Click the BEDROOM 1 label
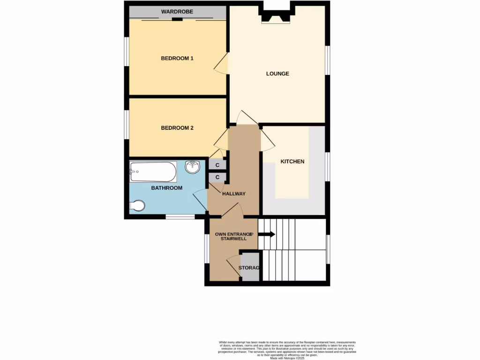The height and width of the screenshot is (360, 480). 177,59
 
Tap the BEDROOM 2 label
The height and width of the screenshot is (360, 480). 177,128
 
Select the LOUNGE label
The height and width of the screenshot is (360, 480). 277,74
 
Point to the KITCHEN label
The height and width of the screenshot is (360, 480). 292,162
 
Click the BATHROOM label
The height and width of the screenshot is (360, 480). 166,188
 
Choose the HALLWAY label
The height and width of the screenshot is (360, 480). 234,194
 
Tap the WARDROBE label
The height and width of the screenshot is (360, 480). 177,12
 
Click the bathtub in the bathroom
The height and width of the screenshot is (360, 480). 153,172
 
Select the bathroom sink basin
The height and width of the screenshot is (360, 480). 193,166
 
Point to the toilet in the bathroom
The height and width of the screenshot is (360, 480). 138,205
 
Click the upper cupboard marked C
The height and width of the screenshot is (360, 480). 218,165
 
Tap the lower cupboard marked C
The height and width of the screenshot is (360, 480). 218,177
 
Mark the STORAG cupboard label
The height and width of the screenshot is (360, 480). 249,268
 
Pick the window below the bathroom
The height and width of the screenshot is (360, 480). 180,217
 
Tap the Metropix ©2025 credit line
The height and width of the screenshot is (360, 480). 287,358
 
